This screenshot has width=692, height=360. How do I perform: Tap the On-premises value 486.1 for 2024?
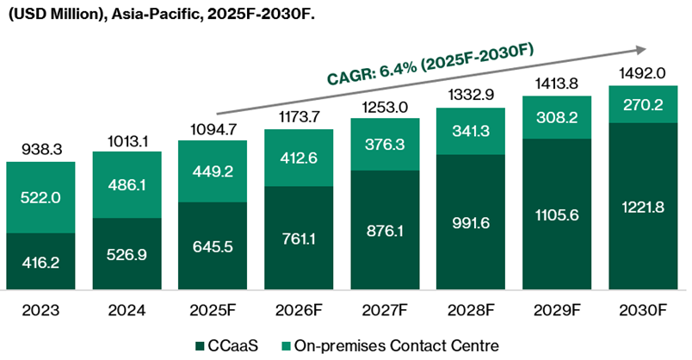127,183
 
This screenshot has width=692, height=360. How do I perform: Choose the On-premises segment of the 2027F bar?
385,144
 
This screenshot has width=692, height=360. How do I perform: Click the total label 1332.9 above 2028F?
471,94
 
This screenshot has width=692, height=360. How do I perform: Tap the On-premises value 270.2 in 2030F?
643,104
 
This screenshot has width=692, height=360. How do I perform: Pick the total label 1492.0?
643,73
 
